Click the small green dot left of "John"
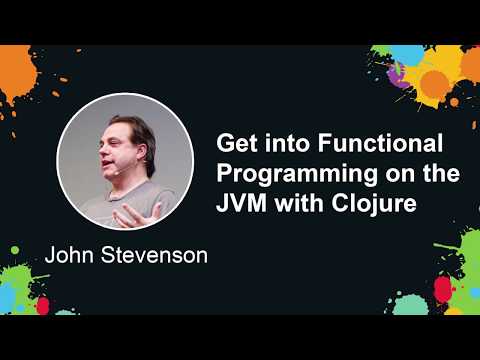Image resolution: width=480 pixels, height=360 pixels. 14,249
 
